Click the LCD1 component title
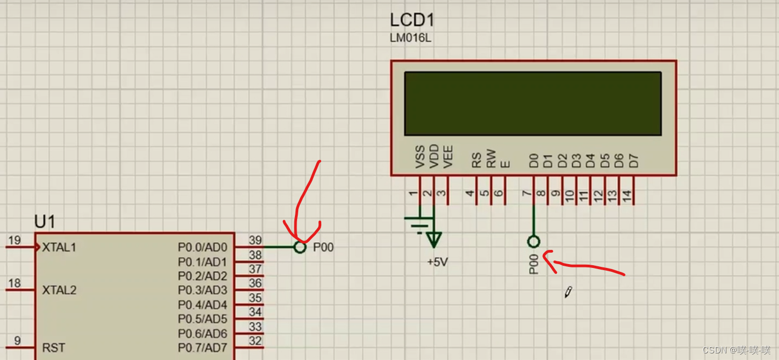click(412, 20)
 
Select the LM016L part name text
click(410, 38)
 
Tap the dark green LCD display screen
click(532, 104)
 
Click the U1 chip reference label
click(44, 222)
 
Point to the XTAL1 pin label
click(59, 248)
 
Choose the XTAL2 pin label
click(59, 290)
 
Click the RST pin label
click(53, 348)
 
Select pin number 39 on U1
click(255, 241)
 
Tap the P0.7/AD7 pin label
click(202, 348)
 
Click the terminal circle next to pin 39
click(299, 247)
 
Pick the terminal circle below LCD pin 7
click(533, 241)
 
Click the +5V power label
click(437, 262)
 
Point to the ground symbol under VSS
click(419, 224)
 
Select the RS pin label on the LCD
click(476, 160)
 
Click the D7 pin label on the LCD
click(634, 161)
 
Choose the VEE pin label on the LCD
click(448, 156)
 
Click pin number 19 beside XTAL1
click(15, 241)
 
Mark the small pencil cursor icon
click(568, 292)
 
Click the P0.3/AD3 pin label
click(202, 290)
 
